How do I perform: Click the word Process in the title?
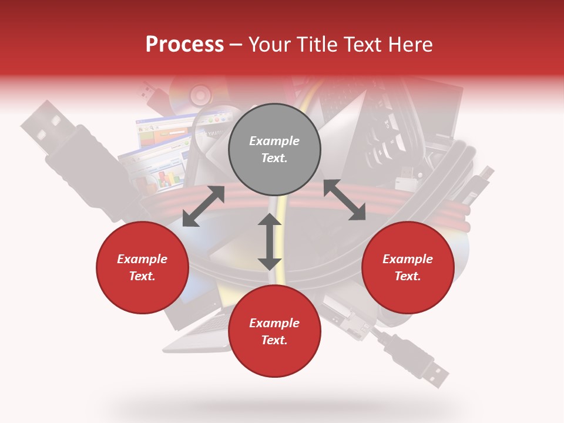point(184,45)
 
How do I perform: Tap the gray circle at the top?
point(274,149)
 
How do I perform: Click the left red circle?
point(142,267)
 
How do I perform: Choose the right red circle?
point(408,267)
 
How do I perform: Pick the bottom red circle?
point(274,331)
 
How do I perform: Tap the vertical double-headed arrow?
point(270,241)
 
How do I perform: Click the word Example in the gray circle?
point(274,141)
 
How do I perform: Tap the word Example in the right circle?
point(408,259)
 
